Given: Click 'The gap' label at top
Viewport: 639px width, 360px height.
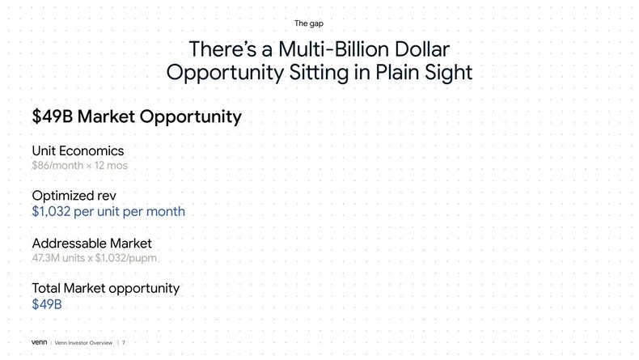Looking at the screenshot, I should [309, 23].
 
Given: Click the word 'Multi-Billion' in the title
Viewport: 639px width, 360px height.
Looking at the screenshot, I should [333, 49].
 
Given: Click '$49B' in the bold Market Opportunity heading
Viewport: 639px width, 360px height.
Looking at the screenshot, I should [52, 116].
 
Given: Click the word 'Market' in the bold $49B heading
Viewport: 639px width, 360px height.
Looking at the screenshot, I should [106, 116].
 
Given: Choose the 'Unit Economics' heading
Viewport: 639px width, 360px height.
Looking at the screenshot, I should [78, 150].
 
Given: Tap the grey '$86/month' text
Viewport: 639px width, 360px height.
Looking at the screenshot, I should [57, 166].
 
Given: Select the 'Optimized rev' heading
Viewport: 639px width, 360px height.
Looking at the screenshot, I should [74, 196].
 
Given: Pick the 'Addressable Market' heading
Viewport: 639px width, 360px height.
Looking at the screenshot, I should [91, 244].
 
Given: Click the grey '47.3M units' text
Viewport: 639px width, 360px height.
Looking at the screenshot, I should [58, 258].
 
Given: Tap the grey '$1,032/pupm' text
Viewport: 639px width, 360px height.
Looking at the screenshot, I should [126, 258].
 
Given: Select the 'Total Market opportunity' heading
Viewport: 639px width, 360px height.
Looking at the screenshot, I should [105, 288].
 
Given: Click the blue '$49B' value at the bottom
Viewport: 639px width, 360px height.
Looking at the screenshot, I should [46, 304].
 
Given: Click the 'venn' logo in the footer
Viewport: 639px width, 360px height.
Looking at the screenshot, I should [39, 342].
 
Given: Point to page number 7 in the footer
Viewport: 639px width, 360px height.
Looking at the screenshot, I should [124, 343].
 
